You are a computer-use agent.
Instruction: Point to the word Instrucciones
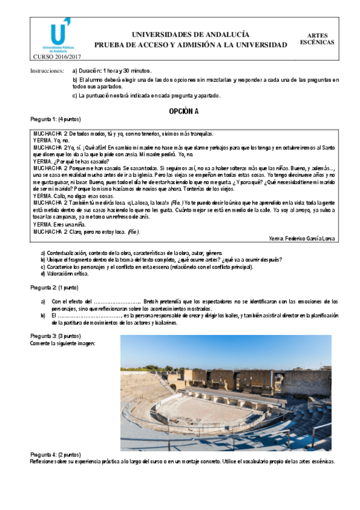point(47,71)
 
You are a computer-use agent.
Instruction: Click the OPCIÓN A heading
point(183,111)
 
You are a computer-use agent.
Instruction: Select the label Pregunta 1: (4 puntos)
point(55,119)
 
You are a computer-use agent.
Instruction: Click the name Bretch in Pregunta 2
point(151,301)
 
